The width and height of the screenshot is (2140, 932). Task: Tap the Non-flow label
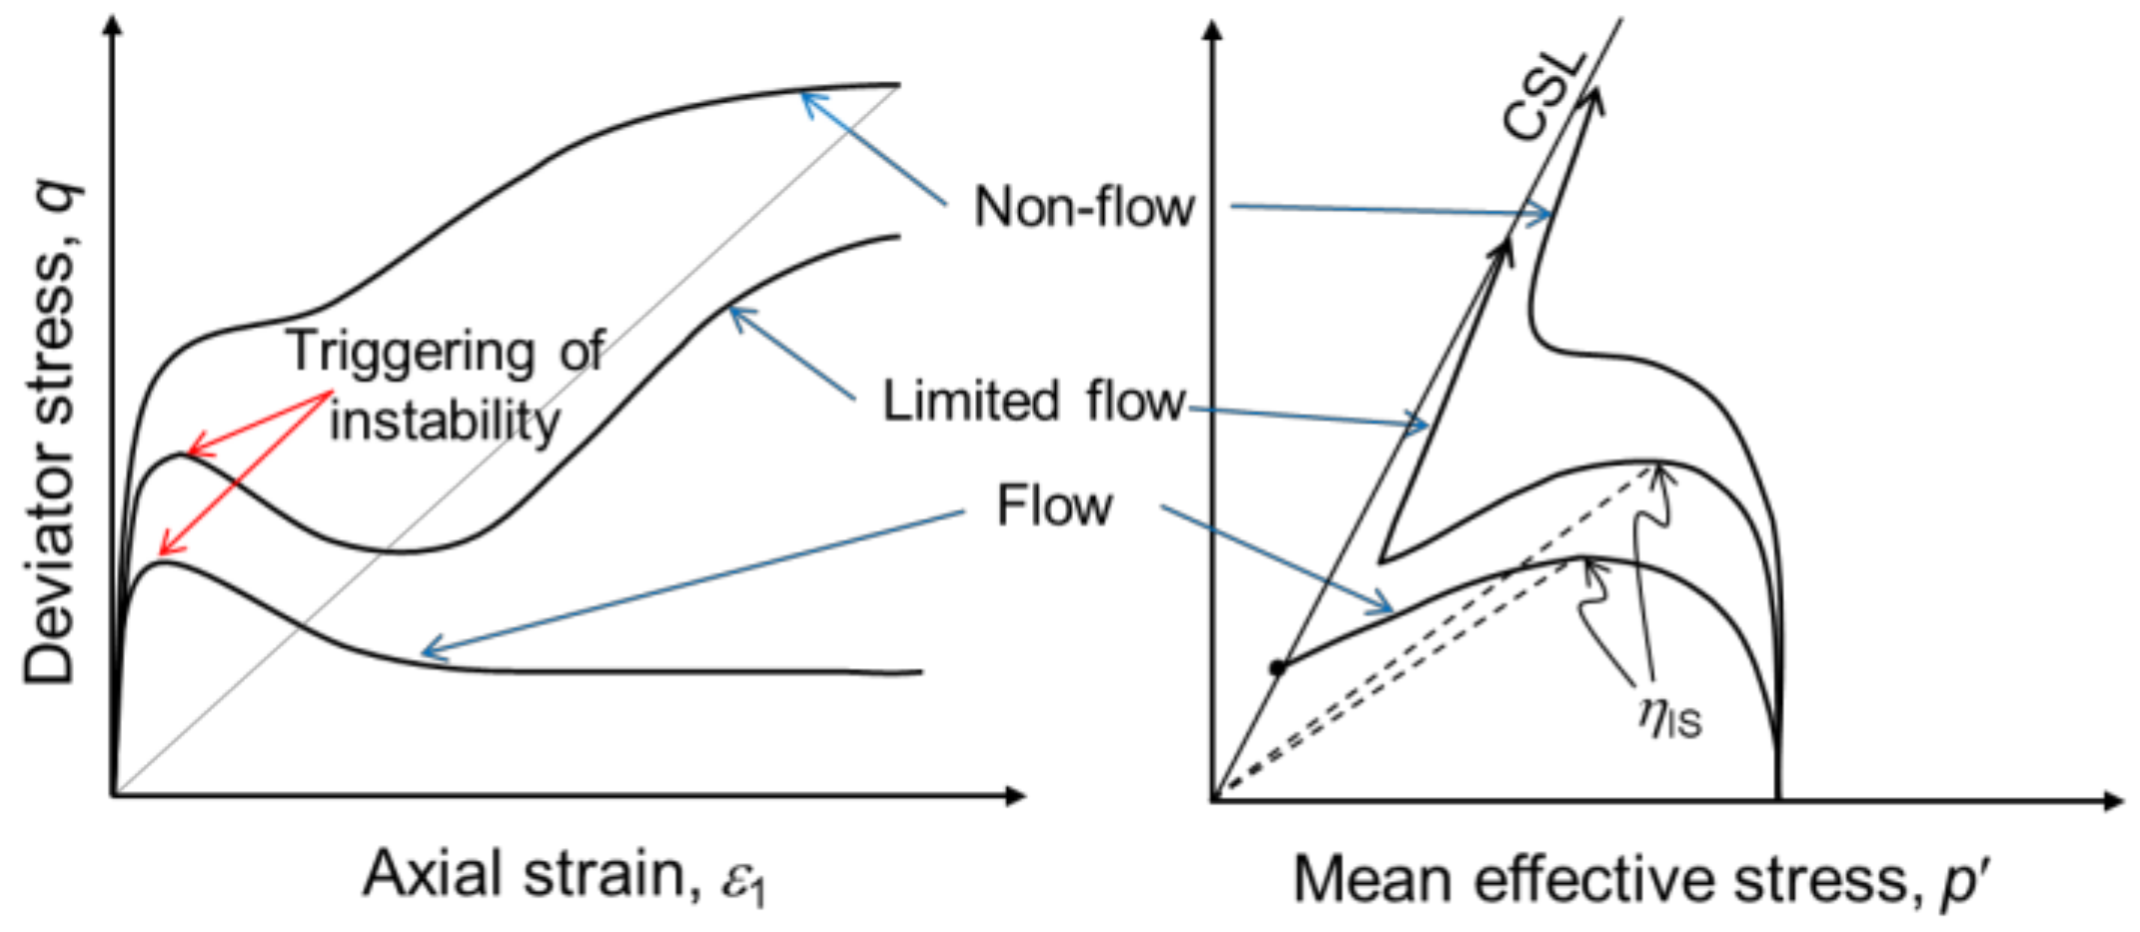pyautogui.click(x=1083, y=208)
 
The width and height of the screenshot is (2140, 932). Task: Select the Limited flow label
pyautogui.click(x=1033, y=402)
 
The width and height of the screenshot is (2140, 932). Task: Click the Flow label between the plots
pyautogui.click(x=1054, y=505)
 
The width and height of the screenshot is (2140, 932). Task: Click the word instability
pyautogui.click(x=445, y=420)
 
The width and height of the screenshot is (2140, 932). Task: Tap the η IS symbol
pyautogui.click(x=1669, y=716)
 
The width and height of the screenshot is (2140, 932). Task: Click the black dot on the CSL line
pyautogui.click(x=1276, y=667)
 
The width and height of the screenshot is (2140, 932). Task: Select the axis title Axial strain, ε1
pyautogui.click(x=564, y=876)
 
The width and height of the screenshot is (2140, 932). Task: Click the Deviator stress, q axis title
pyautogui.click(x=50, y=435)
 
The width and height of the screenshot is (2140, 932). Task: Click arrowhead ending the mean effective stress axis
pyautogui.click(x=2113, y=800)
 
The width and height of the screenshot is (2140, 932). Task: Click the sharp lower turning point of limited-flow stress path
pyautogui.click(x=1381, y=560)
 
